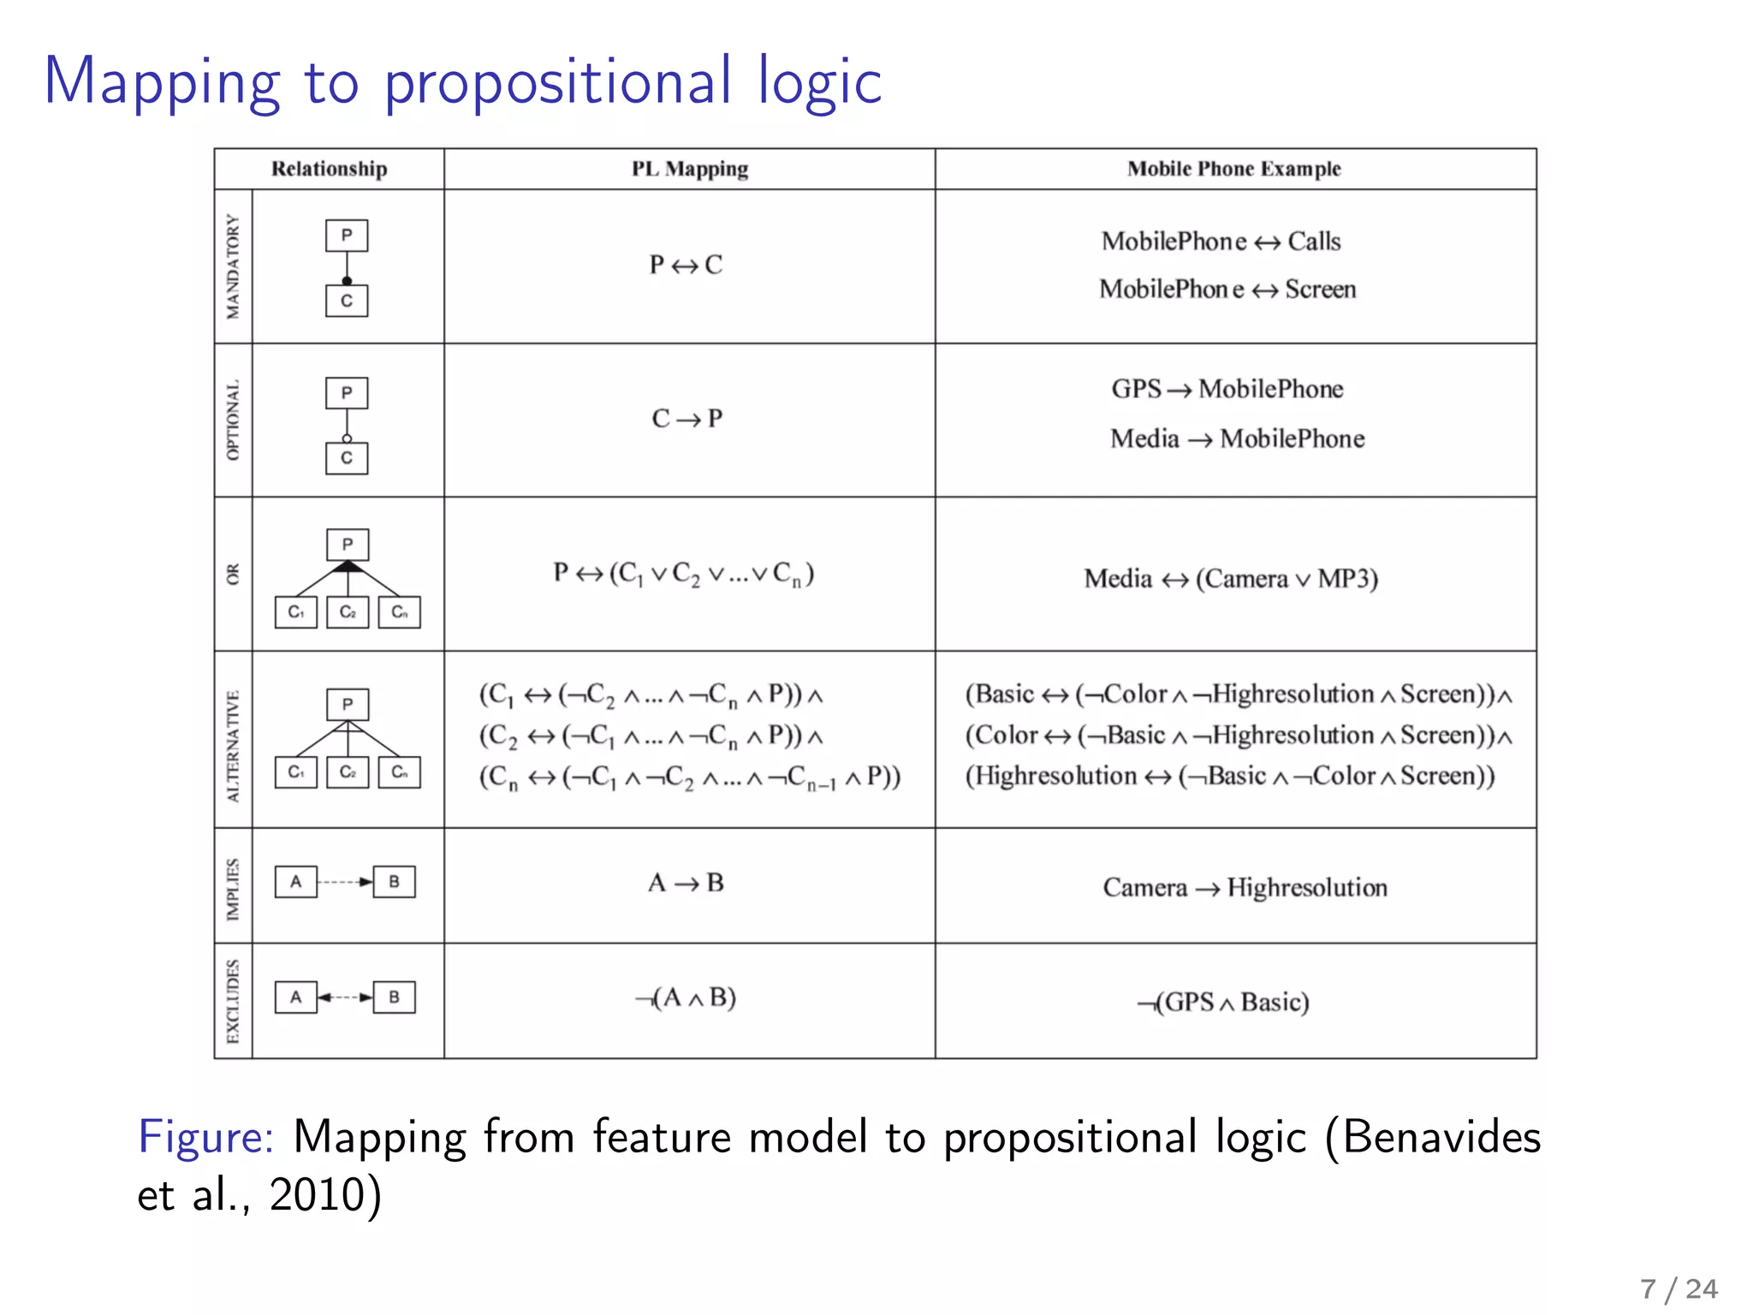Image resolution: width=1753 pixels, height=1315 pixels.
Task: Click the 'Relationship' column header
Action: click(329, 169)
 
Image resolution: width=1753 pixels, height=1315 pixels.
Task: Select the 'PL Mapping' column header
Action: click(689, 169)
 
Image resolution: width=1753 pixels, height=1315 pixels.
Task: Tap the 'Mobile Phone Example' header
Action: click(1233, 169)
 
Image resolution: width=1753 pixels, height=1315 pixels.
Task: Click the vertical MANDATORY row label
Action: click(233, 266)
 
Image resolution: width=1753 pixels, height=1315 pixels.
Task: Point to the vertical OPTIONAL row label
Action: click(233, 419)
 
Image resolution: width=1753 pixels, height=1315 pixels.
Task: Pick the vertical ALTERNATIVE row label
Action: click(233, 746)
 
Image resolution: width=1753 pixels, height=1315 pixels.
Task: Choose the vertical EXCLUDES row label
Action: click(233, 1001)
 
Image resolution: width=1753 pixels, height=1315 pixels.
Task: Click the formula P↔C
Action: click(686, 265)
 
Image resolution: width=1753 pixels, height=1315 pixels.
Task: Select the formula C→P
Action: click(686, 419)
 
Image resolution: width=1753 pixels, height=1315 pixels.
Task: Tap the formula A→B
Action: click(686, 883)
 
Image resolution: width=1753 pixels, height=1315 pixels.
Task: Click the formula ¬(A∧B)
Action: click(686, 998)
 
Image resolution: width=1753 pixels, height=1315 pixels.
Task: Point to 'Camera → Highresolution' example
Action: click(1245, 888)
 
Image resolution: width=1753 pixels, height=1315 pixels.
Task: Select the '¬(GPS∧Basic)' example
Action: click(1223, 1003)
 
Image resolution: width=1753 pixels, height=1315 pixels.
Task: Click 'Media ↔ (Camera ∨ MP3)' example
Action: click(1231, 580)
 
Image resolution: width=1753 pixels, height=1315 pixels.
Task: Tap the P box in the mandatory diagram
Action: click(347, 235)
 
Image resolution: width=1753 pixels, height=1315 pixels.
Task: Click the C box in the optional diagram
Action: click(347, 458)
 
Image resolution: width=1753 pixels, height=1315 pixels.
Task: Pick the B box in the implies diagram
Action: click(394, 882)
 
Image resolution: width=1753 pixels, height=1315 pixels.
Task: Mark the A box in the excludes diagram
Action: click(295, 997)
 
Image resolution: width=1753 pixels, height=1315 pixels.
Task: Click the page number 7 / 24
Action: click(1678, 1288)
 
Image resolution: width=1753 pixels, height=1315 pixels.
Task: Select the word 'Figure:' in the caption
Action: click(206, 1138)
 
